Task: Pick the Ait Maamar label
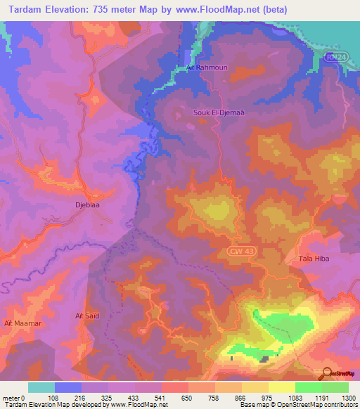tap(18, 323)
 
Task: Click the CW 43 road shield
tap(241, 251)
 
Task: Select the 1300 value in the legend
tap(347, 397)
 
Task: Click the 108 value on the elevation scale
tap(52, 397)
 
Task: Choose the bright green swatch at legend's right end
tap(335, 387)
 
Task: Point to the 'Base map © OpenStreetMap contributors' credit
tap(297, 405)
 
